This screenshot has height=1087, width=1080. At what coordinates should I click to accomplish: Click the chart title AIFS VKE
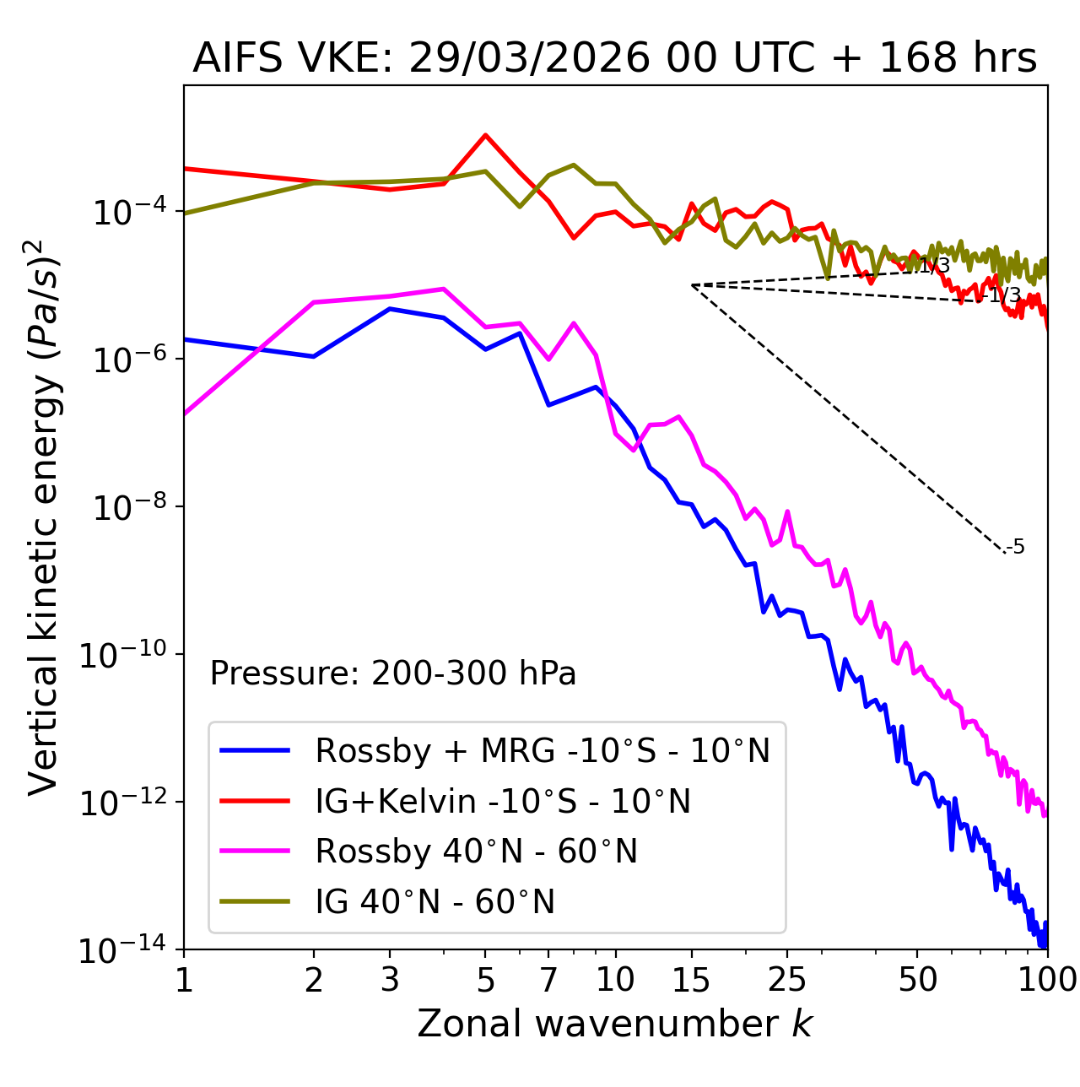tap(614, 59)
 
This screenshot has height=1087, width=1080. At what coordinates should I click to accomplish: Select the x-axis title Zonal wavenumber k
tap(614, 1023)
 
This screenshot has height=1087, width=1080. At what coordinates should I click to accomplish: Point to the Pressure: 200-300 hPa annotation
tap(392, 673)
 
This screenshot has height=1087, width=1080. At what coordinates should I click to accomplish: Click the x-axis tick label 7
tap(548, 980)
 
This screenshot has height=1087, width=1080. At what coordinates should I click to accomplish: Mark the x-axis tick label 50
tap(917, 980)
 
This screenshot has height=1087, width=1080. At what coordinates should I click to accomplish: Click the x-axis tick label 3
tap(390, 980)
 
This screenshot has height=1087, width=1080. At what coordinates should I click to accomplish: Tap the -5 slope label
tap(1016, 548)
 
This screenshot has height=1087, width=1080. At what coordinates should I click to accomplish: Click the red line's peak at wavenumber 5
tap(485, 135)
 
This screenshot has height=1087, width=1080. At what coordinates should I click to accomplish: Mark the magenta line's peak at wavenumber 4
tap(444, 289)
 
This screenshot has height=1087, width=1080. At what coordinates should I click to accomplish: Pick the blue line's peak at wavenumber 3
tap(390, 309)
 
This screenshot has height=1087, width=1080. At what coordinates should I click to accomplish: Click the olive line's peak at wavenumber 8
tap(574, 165)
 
